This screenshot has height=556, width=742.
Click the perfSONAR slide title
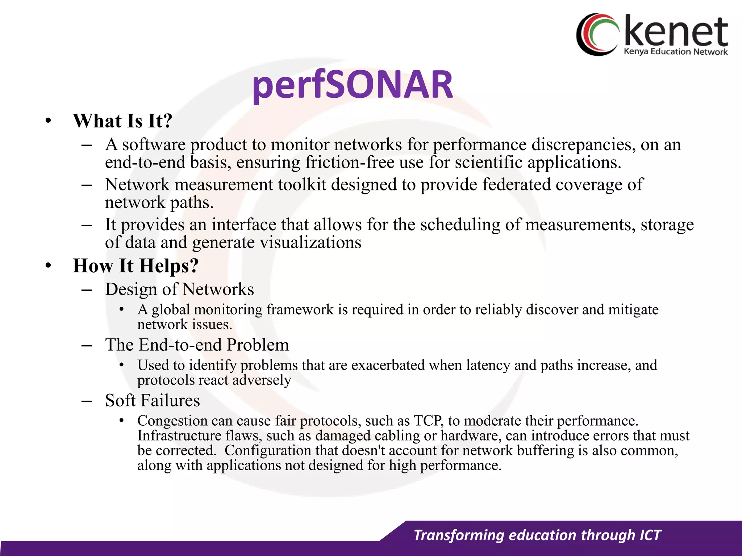tap(353, 85)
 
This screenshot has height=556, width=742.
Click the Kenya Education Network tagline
tap(675, 52)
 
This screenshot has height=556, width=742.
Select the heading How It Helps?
tap(136, 265)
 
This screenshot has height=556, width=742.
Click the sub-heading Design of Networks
tap(179, 289)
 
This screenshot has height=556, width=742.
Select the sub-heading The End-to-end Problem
tap(197, 345)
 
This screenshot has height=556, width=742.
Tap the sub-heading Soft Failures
tap(152, 400)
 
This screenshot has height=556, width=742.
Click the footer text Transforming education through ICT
tap(537, 535)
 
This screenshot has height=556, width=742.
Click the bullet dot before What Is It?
tap(48, 121)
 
